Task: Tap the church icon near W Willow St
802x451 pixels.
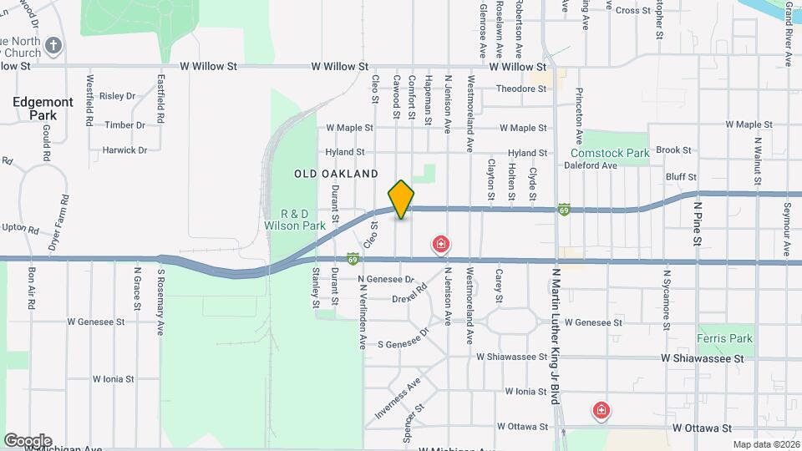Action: (53, 45)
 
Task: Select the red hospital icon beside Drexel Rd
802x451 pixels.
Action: (440, 245)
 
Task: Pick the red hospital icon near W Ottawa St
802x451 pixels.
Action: (601, 410)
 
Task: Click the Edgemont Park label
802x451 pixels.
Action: (42, 108)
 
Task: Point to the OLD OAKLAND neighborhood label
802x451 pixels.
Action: (337, 174)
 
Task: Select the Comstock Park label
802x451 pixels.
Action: (610, 154)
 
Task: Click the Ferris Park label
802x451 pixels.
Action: (724, 339)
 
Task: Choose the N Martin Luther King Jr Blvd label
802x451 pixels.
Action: (553, 334)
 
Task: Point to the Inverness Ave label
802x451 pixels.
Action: (398, 402)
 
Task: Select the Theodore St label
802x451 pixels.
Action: (520, 89)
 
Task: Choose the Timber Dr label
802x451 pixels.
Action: (124, 125)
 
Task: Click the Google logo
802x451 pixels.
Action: (28, 440)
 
